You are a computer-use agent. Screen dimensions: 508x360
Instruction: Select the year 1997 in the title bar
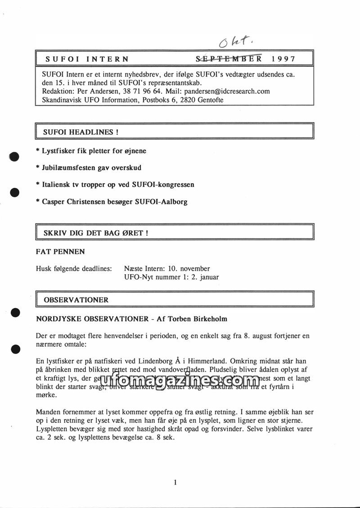click(283, 59)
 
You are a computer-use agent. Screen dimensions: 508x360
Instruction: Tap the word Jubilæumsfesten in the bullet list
click(69, 168)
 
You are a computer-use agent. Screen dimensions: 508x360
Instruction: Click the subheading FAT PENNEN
click(60, 251)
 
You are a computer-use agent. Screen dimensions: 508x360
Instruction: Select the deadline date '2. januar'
click(205, 277)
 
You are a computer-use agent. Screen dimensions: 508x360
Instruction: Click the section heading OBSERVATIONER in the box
click(76, 299)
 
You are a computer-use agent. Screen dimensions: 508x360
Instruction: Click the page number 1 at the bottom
click(175, 483)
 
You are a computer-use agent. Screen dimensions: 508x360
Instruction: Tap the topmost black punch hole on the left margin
click(14, 157)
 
